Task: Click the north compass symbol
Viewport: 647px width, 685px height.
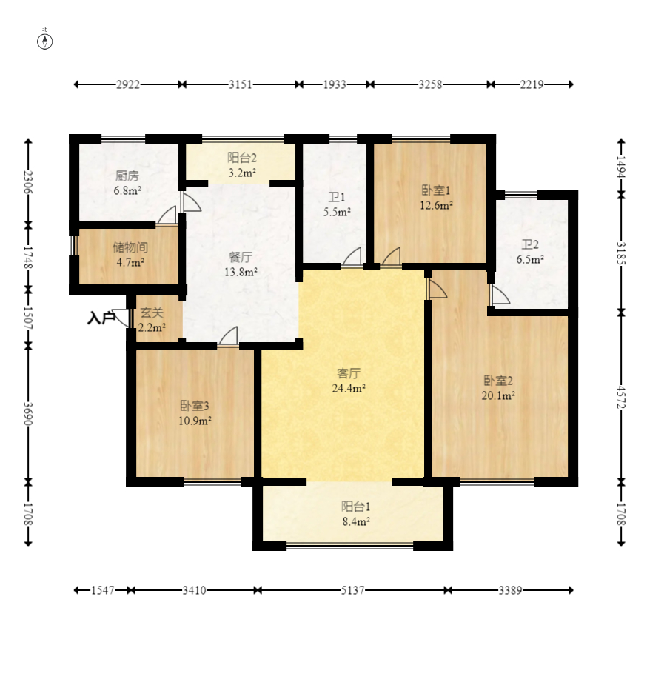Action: click(x=44, y=41)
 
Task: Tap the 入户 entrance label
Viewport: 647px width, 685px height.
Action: click(x=101, y=318)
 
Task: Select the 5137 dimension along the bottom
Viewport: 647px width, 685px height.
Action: click(x=353, y=591)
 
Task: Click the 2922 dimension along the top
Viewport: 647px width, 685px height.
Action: click(x=128, y=84)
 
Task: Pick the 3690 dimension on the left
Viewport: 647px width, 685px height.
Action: click(x=28, y=413)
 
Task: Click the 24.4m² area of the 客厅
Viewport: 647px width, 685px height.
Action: click(x=349, y=388)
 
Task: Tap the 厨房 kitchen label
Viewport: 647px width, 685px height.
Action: click(x=127, y=176)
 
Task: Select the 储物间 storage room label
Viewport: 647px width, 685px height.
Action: click(x=130, y=247)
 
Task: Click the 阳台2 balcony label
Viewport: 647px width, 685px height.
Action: click(x=242, y=157)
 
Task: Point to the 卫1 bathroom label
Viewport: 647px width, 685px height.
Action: click(x=337, y=197)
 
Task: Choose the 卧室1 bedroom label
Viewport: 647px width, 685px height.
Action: click(x=436, y=190)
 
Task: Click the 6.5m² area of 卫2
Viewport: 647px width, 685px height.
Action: click(x=530, y=259)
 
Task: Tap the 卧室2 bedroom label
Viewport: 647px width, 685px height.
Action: click(x=498, y=381)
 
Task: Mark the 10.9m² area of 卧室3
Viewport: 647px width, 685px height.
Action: click(x=195, y=421)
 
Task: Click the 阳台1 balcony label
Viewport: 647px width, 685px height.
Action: click(x=356, y=507)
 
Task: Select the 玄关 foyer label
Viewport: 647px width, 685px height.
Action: click(x=152, y=313)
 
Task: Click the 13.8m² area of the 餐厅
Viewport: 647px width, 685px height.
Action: click(x=241, y=272)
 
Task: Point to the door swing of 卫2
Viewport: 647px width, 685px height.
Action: click(x=500, y=295)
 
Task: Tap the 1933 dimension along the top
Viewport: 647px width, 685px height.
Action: click(x=335, y=84)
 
